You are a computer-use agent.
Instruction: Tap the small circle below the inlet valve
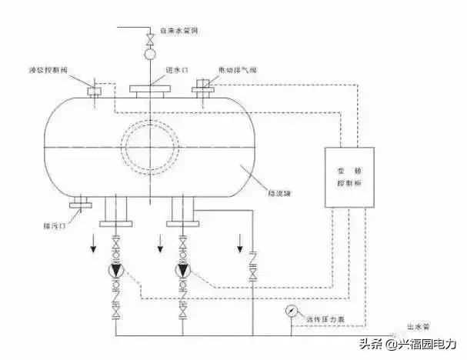point(150,53)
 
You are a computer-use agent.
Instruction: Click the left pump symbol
point(115,271)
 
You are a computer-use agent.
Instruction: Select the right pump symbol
point(183,271)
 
